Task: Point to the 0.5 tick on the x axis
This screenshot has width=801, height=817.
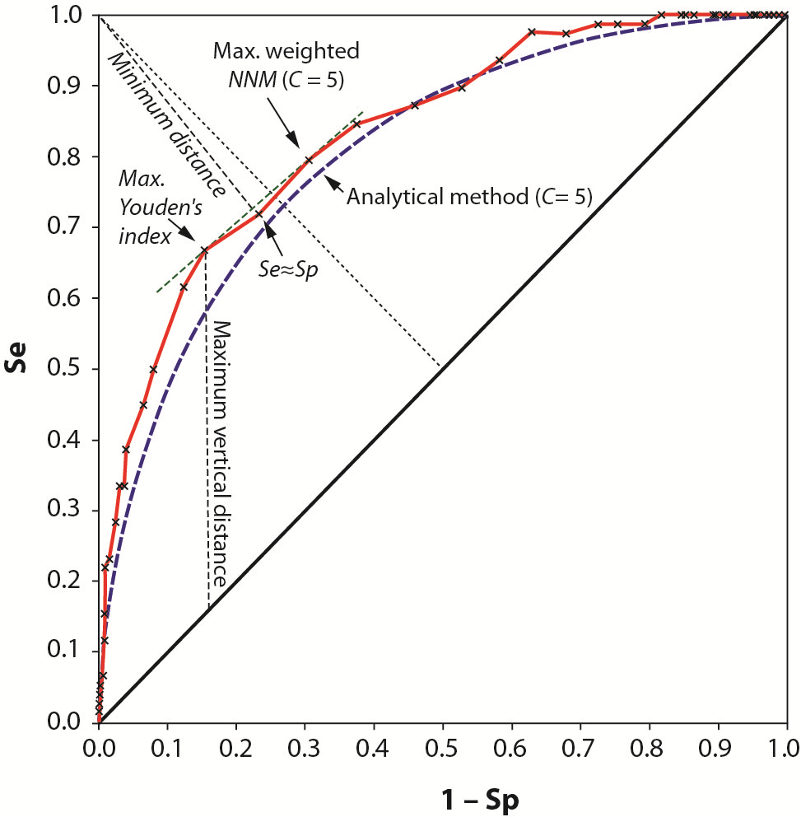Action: coord(443,723)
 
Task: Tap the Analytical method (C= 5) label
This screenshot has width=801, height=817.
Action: coord(470,196)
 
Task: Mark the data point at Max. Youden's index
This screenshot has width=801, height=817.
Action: coord(204,250)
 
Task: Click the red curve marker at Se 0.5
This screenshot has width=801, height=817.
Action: coord(153,369)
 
